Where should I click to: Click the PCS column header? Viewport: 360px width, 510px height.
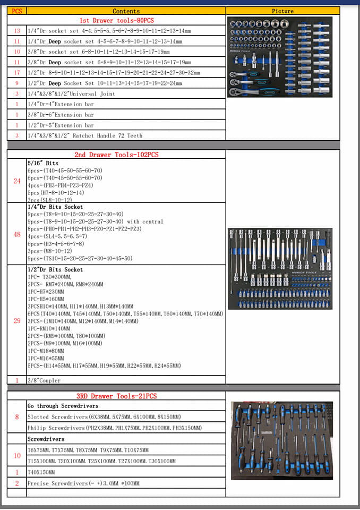tap(17, 11)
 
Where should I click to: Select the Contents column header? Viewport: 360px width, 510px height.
tap(126, 11)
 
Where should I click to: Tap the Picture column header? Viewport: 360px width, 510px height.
tap(282, 11)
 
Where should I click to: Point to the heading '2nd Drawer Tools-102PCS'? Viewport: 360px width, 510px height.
tap(116, 155)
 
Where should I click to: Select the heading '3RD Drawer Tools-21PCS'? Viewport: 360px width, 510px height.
tap(117, 396)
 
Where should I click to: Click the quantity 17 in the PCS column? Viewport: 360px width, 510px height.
tap(17, 72)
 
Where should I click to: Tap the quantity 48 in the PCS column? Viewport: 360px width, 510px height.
tap(17, 234)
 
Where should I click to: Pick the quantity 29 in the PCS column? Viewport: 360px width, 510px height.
tap(17, 321)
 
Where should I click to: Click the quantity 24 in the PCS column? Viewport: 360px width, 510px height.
tap(17, 181)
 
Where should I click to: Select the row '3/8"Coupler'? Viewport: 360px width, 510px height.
tap(44, 380)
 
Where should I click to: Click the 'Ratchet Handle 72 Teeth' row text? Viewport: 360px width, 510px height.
tap(85, 135)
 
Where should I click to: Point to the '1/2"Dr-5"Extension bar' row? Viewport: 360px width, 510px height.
tap(61, 125)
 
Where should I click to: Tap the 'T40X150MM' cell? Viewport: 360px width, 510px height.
tap(41, 472)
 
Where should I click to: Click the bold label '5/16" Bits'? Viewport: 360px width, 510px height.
tap(43, 163)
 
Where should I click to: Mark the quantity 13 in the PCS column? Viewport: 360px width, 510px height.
tap(17, 31)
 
